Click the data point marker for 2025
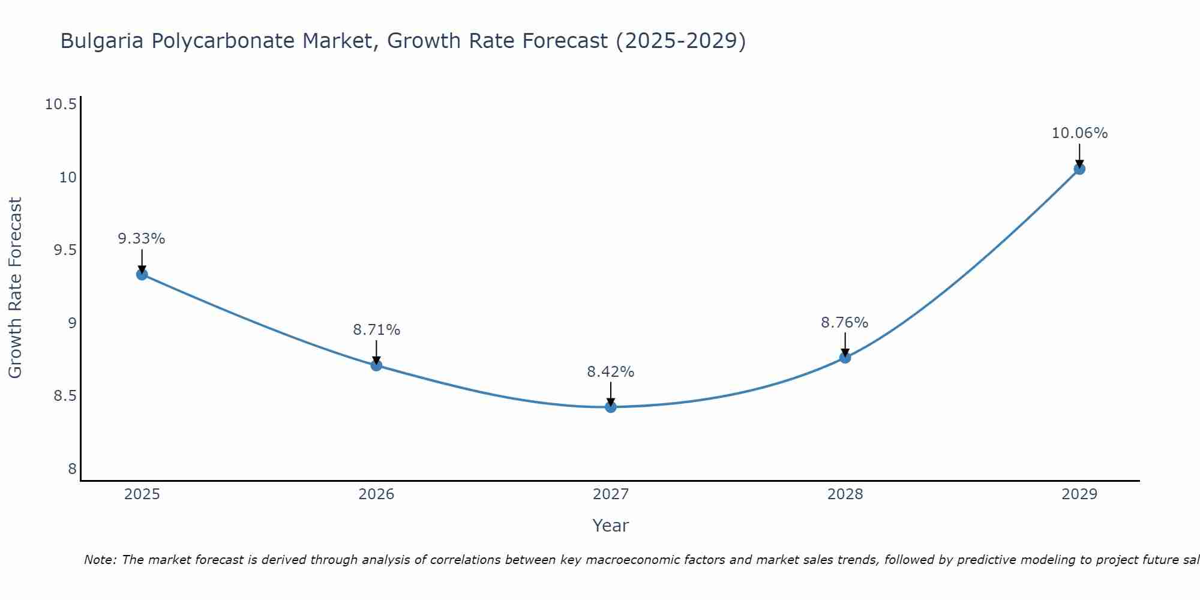pos(142,275)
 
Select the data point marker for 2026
pos(376,365)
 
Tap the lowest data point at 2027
pos(611,407)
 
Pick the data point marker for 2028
pos(845,358)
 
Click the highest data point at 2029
pos(1079,169)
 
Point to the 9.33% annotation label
pos(142,239)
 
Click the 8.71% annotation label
pos(376,329)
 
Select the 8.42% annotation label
pos(611,372)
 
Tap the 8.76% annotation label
pos(845,323)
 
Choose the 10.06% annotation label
pos(1079,133)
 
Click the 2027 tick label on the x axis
pos(611,494)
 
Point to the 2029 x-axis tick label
pos(1079,494)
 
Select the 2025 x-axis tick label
pos(142,494)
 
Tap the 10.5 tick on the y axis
pos(61,104)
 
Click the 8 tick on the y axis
pos(73,469)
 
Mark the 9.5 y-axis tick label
pos(65,250)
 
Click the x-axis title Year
pos(611,526)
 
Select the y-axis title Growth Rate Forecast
pos(16,287)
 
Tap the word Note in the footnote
pos(99,560)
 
